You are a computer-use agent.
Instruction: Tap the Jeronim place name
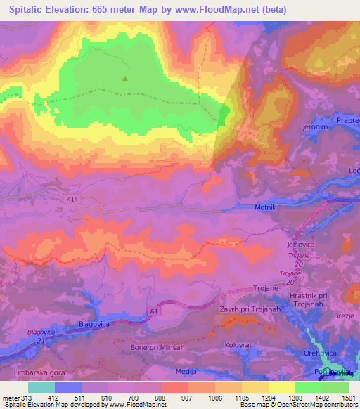pyautogui.click(x=316, y=127)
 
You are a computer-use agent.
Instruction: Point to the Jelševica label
pyautogui.click(x=301, y=243)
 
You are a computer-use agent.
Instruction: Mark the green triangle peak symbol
pyautogui.click(x=125, y=79)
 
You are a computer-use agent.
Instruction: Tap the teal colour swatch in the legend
pyautogui.click(x=41, y=387)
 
